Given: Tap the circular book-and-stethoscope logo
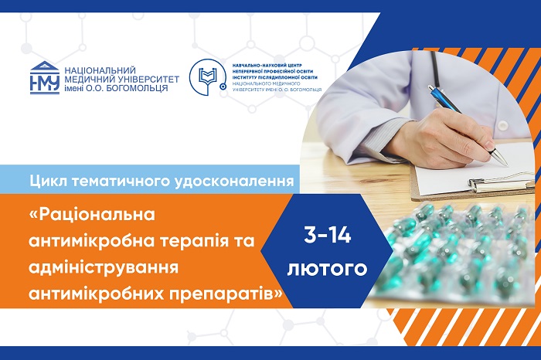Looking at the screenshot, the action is (x=207, y=77).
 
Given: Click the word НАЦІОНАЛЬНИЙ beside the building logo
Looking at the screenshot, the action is (x=100, y=70).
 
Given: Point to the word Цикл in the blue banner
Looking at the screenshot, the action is (x=47, y=181).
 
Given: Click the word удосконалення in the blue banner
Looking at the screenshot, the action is (x=234, y=182).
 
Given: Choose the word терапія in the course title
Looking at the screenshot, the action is (x=195, y=241).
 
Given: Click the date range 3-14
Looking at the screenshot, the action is (x=328, y=236).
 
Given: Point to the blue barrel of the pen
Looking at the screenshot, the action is (x=444, y=100).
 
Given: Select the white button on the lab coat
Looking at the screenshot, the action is (x=505, y=125).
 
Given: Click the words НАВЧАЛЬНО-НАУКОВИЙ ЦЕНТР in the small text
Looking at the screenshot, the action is (x=267, y=65).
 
